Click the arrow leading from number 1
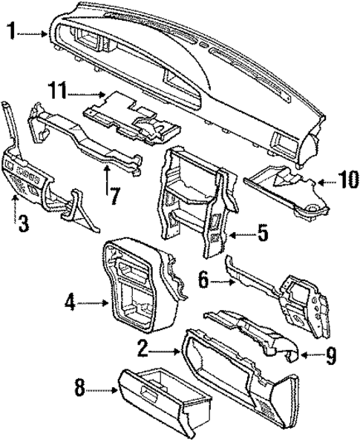(x=33, y=32)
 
